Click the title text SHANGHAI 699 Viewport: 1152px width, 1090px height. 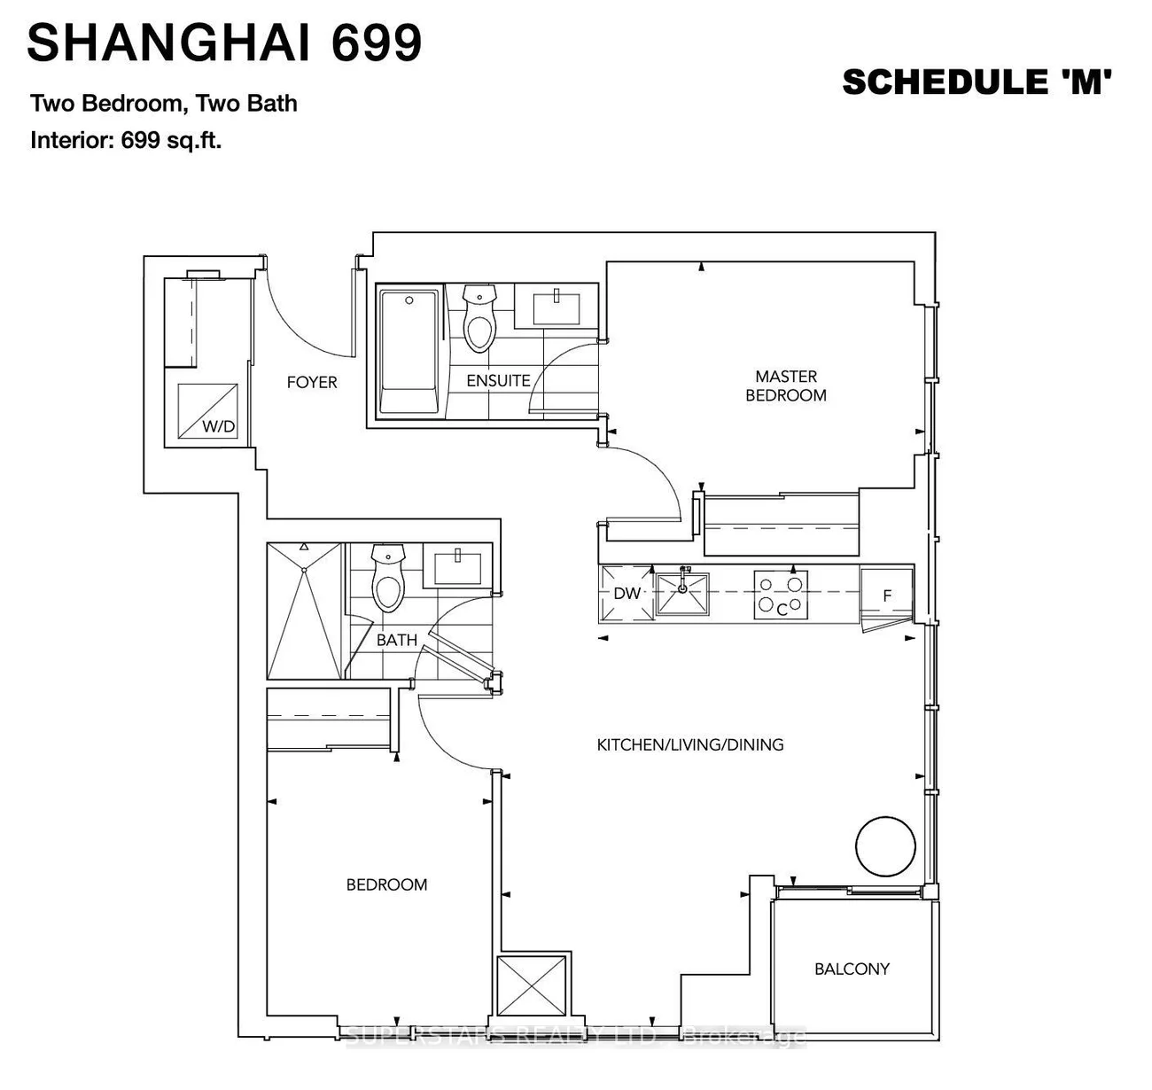click(x=224, y=43)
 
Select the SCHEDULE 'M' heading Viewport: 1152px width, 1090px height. click(x=977, y=82)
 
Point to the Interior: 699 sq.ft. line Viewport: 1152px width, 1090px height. click(x=126, y=140)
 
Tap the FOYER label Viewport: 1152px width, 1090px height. click(x=312, y=383)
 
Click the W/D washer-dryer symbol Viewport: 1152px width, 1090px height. click(x=207, y=411)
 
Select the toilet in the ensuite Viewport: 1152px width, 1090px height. click(x=479, y=320)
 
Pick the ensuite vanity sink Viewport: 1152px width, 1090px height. click(x=556, y=306)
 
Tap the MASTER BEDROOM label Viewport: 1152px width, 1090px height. click(x=786, y=386)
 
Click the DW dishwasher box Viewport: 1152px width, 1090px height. click(x=627, y=593)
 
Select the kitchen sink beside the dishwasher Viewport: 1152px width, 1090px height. click(x=682, y=593)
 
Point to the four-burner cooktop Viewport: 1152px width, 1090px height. click(x=781, y=595)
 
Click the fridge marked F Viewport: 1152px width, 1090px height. click(x=887, y=596)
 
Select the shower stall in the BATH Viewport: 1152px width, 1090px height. click(x=304, y=611)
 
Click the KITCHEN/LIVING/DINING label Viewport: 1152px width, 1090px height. click(x=690, y=745)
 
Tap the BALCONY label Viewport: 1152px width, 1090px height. click(x=852, y=969)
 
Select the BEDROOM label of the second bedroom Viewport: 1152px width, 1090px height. click(x=386, y=885)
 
